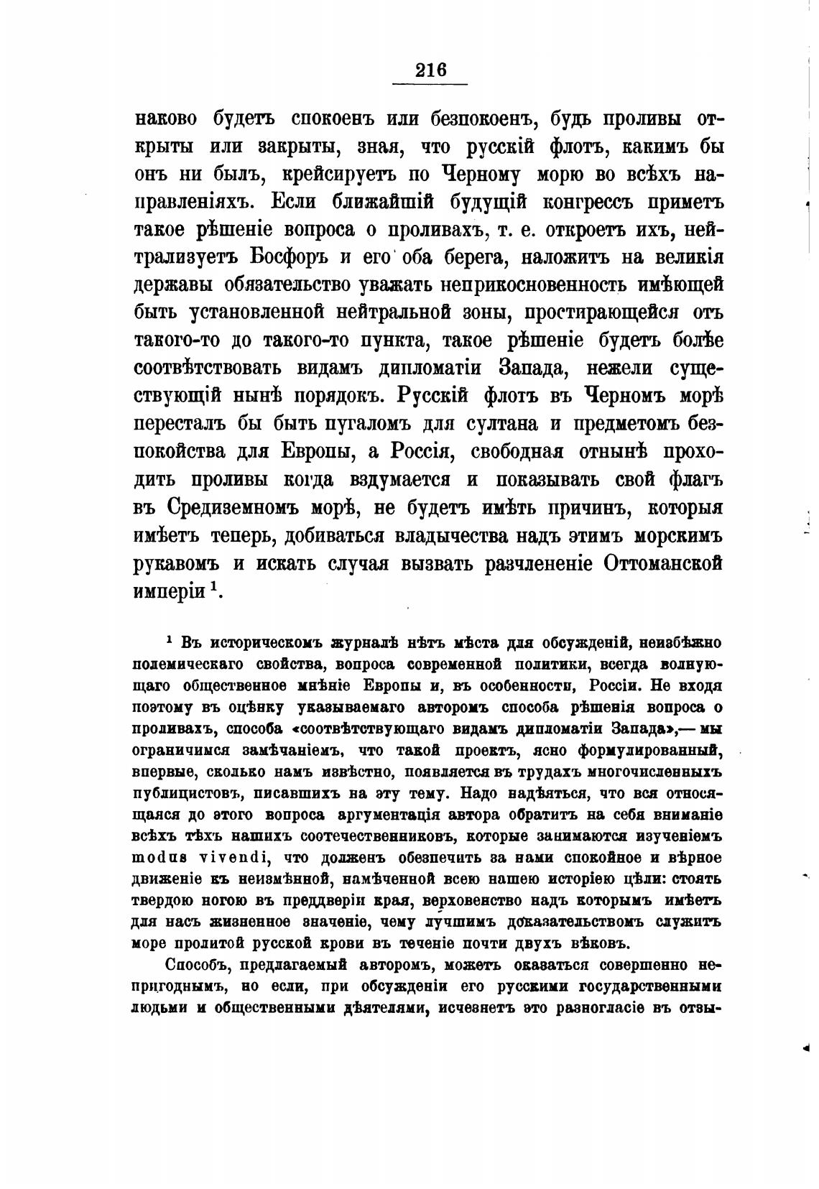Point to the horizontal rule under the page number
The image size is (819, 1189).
(430, 85)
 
